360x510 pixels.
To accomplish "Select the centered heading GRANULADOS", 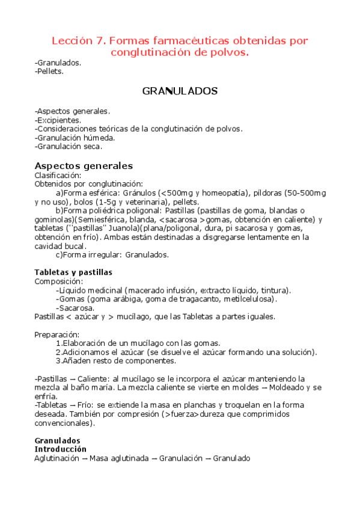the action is click(180, 91).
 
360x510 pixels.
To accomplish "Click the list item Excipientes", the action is click(59, 120).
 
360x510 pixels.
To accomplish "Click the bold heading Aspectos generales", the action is click(84, 165).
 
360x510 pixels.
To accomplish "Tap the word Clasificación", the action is click(58, 175).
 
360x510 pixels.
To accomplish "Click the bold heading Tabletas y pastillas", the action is click(73, 272).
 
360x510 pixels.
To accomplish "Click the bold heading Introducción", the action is click(61, 449).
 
